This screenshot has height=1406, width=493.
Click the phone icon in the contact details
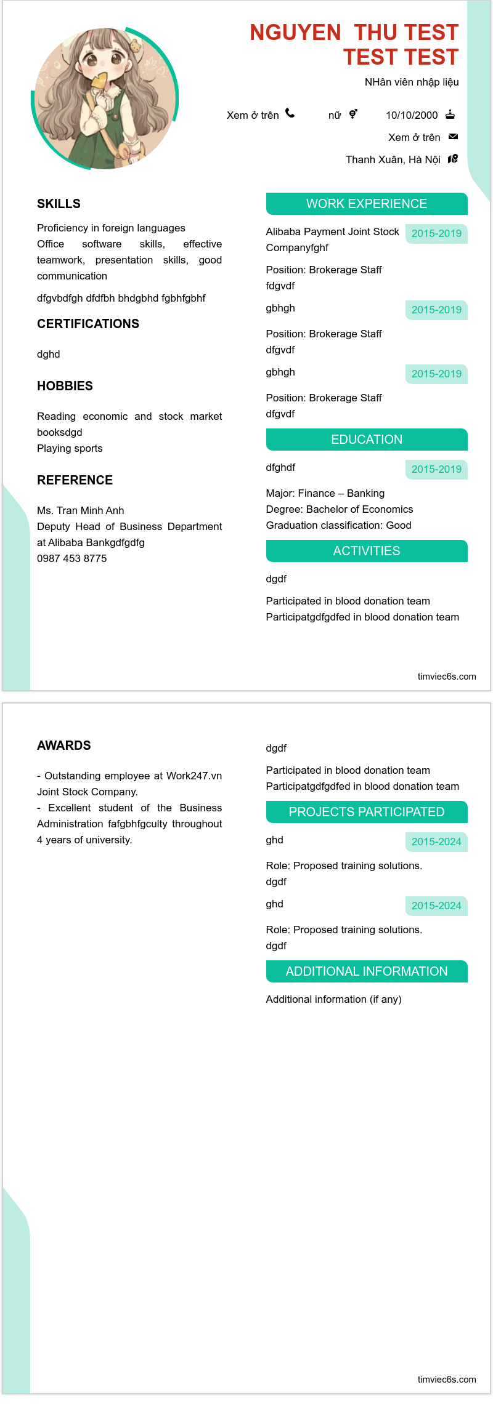click(x=290, y=113)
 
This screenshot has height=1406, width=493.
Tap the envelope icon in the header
click(x=453, y=137)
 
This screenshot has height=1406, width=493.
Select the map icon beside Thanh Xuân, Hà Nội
click(x=453, y=159)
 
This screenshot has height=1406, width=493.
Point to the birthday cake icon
click(x=450, y=114)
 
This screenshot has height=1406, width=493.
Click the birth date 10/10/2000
click(x=412, y=115)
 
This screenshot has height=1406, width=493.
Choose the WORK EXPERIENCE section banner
click(x=367, y=204)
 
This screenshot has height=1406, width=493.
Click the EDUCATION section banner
click(x=367, y=440)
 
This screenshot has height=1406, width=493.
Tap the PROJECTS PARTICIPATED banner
click(x=367, y=812)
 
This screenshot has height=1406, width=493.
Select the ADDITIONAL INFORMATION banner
click(x=367, y=971)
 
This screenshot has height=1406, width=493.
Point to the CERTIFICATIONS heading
click(x=88, y=324)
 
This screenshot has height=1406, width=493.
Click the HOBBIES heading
click(x=65, y=386)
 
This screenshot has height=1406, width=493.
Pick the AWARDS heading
click(x=64, y=745)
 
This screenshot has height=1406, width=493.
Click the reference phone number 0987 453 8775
click(x=72, y=558)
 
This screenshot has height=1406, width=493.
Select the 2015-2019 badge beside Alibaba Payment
click(x=436, y=233)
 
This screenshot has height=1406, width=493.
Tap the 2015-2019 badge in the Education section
click(x=436, y=469)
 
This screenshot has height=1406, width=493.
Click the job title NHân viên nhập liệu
click(x=412, y=82)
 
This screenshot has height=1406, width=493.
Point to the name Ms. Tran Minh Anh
click(x=81, y=510)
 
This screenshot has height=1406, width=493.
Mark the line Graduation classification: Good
click(x=339, y=525)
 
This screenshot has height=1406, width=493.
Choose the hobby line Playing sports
click(x=70, y=448)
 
